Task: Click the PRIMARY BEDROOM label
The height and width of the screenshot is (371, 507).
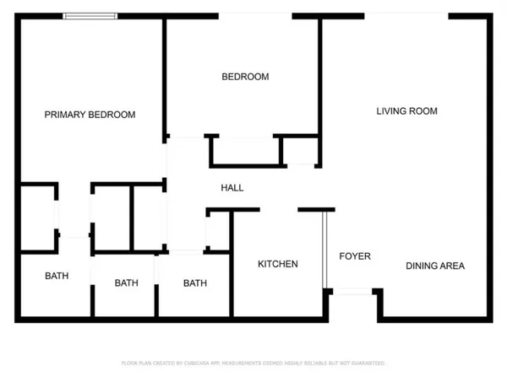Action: [x=90, y=115]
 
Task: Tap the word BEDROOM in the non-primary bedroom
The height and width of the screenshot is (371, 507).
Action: [x=245, y=77]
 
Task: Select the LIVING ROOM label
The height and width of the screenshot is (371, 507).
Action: [x=406, y=110]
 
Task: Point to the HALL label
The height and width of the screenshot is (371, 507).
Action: [x=232, y=187]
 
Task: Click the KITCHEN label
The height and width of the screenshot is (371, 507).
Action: [x=278, y=264]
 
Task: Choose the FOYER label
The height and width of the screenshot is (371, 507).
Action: [x=355, y=256]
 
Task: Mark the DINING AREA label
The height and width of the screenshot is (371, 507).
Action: [x=435, y=266]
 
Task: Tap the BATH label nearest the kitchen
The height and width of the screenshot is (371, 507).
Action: [x=195, y=283]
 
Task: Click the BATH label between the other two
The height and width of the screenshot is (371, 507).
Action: [x=127, y=283]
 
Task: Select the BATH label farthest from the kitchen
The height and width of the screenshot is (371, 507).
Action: [x=57, y=276]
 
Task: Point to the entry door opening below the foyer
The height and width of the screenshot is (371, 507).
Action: [x=353, y=291]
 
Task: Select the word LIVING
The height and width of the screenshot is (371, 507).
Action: [x=391, y=110]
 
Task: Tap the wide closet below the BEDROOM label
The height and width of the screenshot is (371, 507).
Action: [x=245, y=151]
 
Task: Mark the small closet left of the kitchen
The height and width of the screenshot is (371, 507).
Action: [x=219, y=230]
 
